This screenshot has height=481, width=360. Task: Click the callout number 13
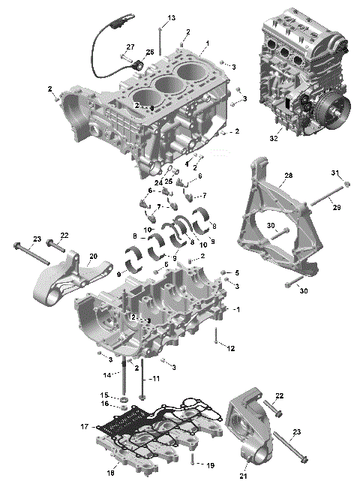[171, 17]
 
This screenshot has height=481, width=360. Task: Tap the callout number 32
[274, 138]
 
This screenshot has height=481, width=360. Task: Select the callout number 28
[267, 177]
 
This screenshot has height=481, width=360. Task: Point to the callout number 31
[336, 174]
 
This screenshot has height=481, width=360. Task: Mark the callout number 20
[93, 256]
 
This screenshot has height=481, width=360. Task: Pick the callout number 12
[232, 348]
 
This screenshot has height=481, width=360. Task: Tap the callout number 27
[130, 47]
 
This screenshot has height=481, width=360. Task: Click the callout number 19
[210, 465]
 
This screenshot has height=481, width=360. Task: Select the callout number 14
[107, 374]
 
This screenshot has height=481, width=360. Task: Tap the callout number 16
[106, 403]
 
